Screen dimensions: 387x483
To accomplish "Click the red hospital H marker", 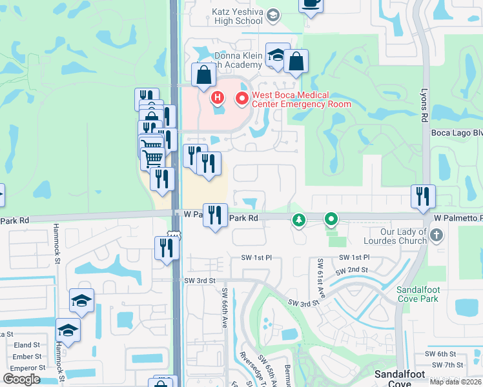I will point(218,98).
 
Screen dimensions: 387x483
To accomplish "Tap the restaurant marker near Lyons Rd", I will point(423,196).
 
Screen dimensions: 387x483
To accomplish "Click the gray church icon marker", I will point(437,235).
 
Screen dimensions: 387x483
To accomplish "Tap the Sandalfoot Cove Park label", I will point(417,294).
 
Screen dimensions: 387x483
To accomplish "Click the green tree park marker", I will point(298,221).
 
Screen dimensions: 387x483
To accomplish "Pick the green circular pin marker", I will point(331,220).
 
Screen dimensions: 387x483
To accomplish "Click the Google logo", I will point(21,379).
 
